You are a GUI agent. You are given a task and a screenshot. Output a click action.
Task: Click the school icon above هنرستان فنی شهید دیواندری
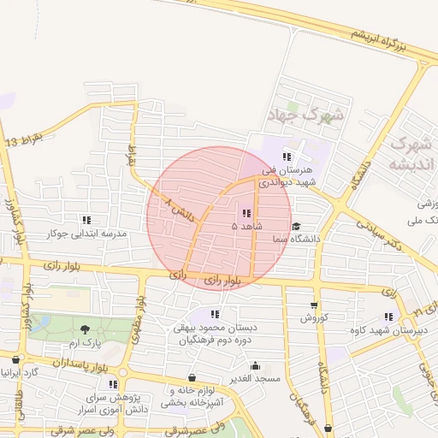(287, 157)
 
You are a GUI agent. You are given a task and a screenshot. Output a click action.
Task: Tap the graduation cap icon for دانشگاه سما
(296, 227)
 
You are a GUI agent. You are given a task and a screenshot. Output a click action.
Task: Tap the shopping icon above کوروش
(314, 305)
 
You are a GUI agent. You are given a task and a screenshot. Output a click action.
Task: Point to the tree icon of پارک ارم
(85, 329)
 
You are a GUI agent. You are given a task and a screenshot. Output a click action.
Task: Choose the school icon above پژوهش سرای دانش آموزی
(113, 384)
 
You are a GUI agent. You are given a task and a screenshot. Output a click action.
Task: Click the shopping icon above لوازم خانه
(191, 377)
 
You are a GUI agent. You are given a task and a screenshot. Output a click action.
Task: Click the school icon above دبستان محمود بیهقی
(215, 314)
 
